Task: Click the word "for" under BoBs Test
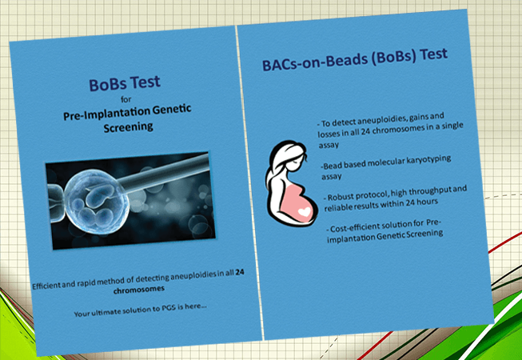(126, 99)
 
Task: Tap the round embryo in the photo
(96, 202)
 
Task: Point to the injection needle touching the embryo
(164, 174)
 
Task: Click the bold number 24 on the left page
(240, 273)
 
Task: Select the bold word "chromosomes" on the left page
(139, 289)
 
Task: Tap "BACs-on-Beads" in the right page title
(313, 62)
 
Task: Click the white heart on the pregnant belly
(305, 211)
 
